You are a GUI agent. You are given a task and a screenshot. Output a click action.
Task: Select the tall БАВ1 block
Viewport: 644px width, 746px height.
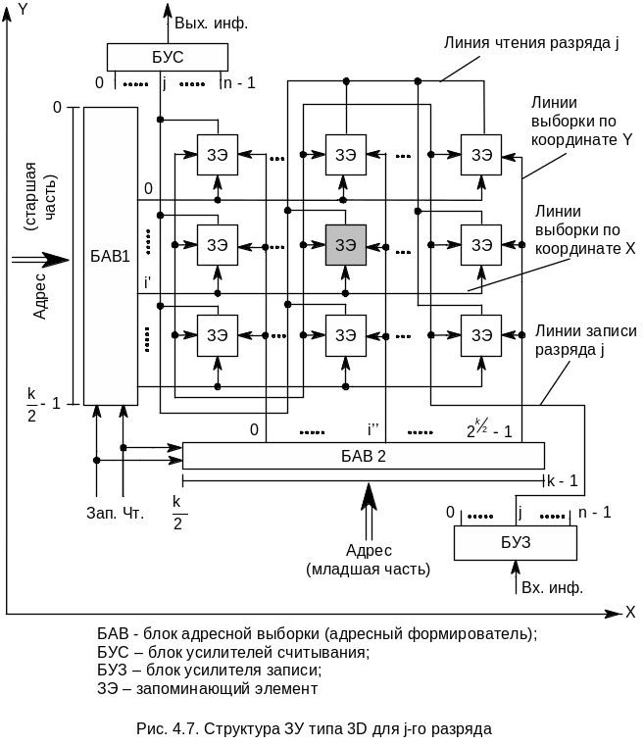pos(110,255)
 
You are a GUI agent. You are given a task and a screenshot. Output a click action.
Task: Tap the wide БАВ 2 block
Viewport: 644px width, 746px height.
pos(363,455)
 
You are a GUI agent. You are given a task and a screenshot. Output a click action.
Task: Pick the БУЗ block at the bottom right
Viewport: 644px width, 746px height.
pos(514,543)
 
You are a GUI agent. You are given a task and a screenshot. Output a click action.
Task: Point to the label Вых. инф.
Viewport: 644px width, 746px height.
pos(211,21)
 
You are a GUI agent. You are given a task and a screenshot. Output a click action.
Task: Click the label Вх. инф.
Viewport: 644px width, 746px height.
pos(552,588)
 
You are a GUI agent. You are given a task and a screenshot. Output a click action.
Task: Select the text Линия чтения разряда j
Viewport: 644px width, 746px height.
pos(530,44)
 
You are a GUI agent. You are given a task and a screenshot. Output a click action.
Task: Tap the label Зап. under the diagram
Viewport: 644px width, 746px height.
pos(101,512)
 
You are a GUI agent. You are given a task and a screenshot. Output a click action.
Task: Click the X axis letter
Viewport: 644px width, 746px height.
pos(630,612)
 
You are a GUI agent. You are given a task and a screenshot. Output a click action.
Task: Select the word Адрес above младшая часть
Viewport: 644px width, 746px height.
pos(369,550)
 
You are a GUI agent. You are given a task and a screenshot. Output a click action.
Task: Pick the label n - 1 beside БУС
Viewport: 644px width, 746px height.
pos(238,83)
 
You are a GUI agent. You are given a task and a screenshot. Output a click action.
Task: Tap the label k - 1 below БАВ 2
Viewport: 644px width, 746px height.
pos(562,480)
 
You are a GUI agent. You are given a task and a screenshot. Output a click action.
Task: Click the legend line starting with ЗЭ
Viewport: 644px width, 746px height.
pos(208,689)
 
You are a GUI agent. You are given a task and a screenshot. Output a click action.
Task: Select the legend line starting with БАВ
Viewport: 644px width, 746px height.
pos(319,633)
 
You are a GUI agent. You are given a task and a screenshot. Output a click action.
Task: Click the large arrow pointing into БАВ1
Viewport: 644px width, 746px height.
pos(40,259)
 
